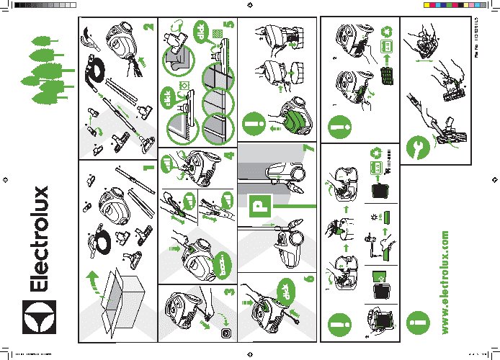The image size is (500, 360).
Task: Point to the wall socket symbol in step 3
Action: coord(226,334)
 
